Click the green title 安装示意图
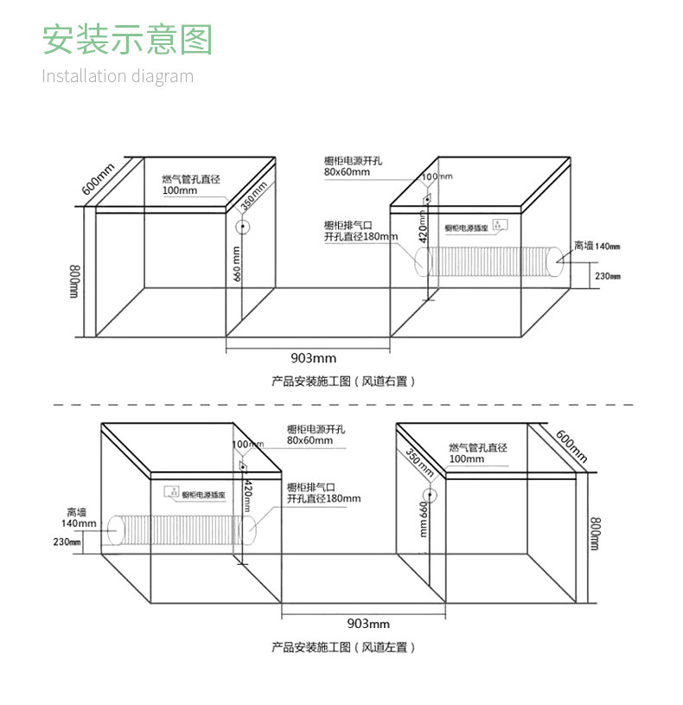127,40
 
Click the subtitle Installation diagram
118,76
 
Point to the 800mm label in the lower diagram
595,534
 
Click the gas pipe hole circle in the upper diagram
243,228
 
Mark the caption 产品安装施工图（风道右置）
343,381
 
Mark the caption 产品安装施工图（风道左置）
343,646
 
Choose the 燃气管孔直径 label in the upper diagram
191,179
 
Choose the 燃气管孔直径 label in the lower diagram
478,447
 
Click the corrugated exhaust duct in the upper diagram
489,261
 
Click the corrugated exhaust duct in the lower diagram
182,529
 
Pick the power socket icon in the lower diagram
174,494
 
